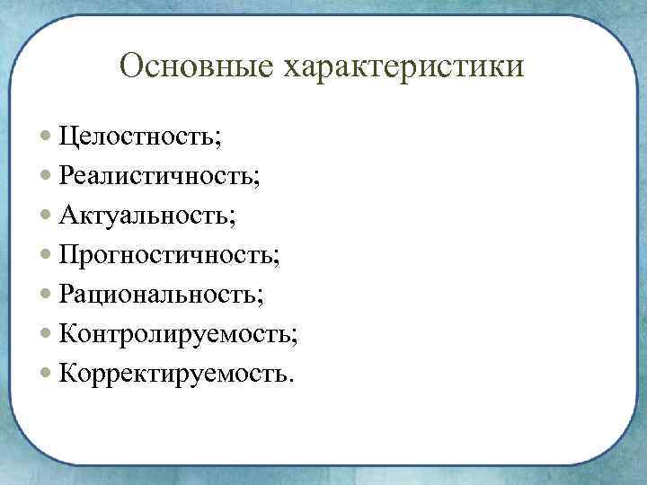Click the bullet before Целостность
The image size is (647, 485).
(x=47, y=137)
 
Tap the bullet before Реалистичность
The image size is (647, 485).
(x=47, y=177)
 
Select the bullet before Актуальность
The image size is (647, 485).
(x=47, y=216)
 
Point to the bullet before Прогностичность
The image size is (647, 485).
(x=47, y=255)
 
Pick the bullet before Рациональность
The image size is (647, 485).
(x=47, y=294)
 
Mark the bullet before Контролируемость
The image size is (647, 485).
(x=47, y=333)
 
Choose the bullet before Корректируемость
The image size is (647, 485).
(x=47, y=372)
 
